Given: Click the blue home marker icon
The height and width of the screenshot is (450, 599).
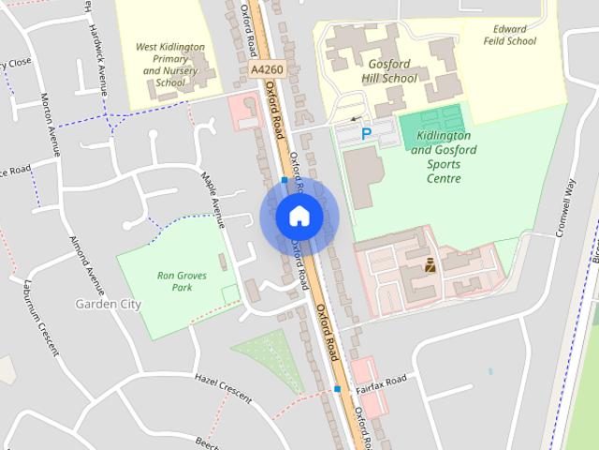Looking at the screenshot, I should [299, 217].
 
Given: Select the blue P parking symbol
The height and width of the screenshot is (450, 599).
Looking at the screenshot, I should [367, 134].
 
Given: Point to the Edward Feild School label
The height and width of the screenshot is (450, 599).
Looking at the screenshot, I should [510, 35].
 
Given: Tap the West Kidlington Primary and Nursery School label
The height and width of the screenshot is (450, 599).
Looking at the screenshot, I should [171, 64].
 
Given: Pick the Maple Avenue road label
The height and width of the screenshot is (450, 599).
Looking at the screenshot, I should [213, 200].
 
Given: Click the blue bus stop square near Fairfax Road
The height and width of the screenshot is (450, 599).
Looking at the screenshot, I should [336, 388].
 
